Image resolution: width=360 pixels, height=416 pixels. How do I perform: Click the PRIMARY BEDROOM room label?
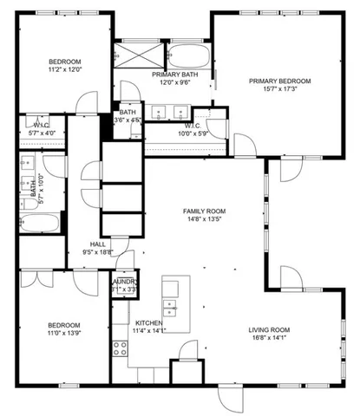pyautogui.click(x=279, y=81)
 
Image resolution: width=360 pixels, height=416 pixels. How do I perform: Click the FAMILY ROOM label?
pyautogui.click(x=203, y=211)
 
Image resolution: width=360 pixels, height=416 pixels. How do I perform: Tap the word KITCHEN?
pyautogui.click(x=147, y=322)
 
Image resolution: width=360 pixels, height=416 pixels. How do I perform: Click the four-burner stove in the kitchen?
pyautogui.click(x=121, y=349)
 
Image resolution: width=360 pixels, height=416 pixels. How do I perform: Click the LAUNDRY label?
pyautogui.click(x=124, y=282)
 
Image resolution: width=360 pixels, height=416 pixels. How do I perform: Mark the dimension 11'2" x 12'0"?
pyautogui.click(x=64, y=70)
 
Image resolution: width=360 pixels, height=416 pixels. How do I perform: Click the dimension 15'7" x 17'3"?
pyautogui.click(x=279, y=89)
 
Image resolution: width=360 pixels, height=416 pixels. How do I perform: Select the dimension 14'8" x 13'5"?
pyautogui.click(x=203, y=220)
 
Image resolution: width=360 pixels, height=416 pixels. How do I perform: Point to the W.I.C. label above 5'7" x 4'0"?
pyautogui.click(x=40, y=124)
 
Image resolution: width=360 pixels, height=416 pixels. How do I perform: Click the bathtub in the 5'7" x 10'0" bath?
pyautogui.click(x=40, y=224)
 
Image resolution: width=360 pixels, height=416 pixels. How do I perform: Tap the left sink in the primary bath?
pyautogui.click(x=159, y=111)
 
